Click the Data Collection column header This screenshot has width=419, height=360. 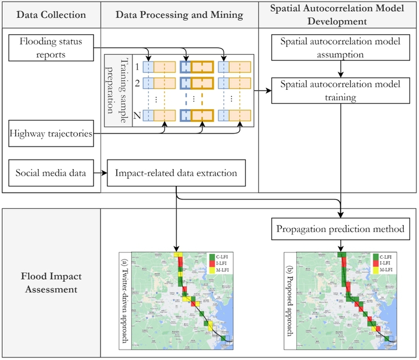point(51,15)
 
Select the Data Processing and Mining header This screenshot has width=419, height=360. point(179,15)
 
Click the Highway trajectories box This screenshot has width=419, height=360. point(51,134)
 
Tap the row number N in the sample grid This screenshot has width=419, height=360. point(137,115)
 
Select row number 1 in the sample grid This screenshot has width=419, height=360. point(137,67)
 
